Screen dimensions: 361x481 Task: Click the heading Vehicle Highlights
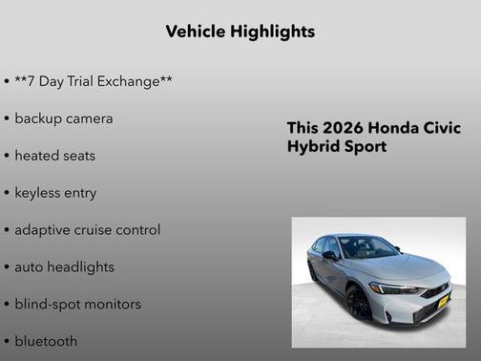[240, 32]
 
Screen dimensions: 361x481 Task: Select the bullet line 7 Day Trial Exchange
[94, 82]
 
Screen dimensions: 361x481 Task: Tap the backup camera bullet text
[63, 119]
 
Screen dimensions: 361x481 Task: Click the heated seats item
[55, 156]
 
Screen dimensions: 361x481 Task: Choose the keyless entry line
[55, 193]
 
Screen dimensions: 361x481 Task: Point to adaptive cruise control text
[87, 230]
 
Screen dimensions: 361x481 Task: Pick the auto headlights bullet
[64, 267]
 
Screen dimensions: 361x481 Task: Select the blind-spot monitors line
[77, 305]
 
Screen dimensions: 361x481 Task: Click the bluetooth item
[46, 341]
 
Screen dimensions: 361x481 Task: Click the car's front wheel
[359, 305]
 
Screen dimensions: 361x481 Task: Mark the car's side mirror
[329, 256]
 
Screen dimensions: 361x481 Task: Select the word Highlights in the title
[271, 32]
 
